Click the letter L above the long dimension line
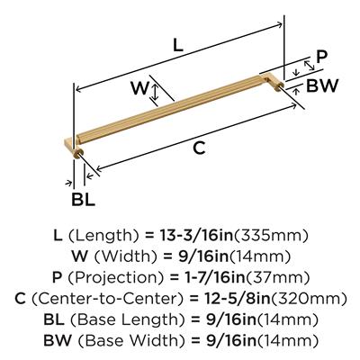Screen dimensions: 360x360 click(178, 45)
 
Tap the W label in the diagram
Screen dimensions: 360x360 click(139, 88)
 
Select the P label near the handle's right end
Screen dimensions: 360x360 click(321, 57)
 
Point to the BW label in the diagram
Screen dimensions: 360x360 click(322, 85)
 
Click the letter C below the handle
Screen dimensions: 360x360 click(199, 148)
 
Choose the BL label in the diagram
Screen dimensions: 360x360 click(83, 199)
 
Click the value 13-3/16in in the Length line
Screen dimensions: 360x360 click(197, 235)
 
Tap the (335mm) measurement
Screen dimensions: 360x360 click(271, 236)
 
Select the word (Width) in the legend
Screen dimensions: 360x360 click(126, 256)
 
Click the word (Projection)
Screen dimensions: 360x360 click(116, 277)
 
